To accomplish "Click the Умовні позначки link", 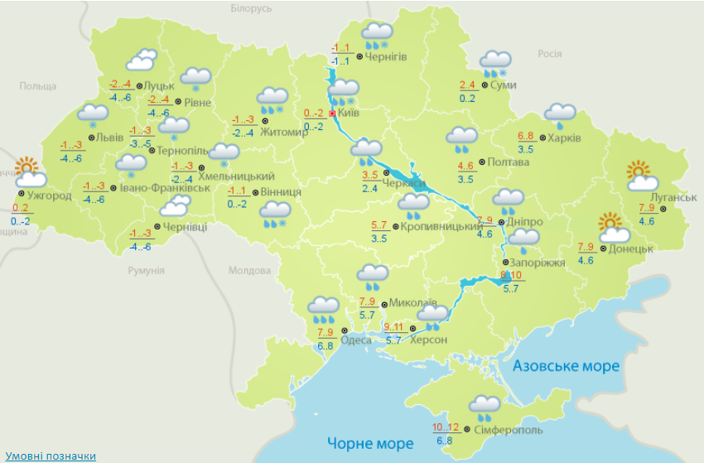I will pyautogui.click(x=51, y=456).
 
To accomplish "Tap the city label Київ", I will pyautogui.click(x=349, y=113).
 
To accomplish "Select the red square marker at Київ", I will pyautogui.click(x=332, y=113).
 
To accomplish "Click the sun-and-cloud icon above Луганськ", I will pyautogui.click(x=642, y=176).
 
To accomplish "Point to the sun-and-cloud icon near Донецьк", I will pyautogui.click(x=614, y=228).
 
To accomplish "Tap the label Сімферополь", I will pyautogui.click(x=509, y=430).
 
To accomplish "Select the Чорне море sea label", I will pyautogui.click(x=369, y=443).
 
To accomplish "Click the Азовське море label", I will pyautogui.click(x=565, y=366).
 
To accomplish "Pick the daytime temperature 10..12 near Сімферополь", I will pyautogui.click(x=446, y=427).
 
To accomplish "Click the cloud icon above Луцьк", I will pyautogui.click(x=141, y=60).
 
